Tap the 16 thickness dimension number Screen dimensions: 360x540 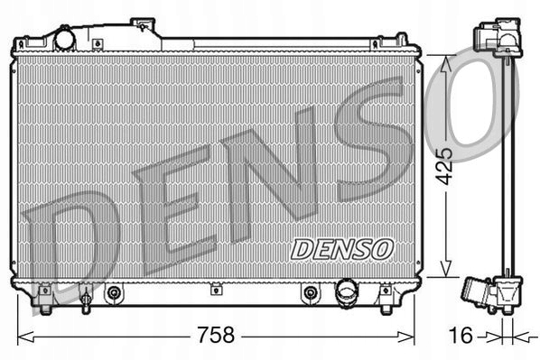pos(460,336)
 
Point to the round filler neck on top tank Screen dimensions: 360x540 pos(66,40)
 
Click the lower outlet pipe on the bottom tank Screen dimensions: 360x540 pos(347,292)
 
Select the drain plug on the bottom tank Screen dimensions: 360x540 pos(85,295)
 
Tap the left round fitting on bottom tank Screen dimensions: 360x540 pos(114,292)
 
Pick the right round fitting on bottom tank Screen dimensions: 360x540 pos(310,292)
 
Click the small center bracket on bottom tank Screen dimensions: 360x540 pos(216,291)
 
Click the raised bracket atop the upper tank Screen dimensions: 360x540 pos(144,26)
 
